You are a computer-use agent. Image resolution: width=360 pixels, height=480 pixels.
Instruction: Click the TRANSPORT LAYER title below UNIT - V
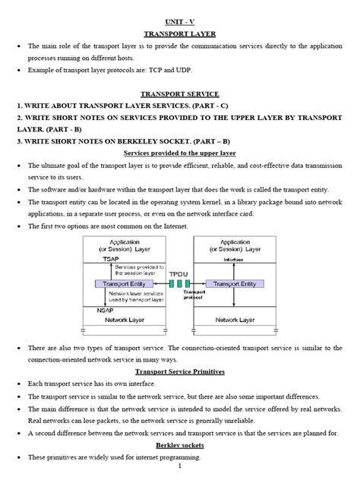click(180, 34)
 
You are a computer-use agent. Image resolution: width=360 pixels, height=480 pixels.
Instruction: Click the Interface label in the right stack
click(234, 258)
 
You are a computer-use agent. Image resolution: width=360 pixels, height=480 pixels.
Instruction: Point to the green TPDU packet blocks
click(178, 283)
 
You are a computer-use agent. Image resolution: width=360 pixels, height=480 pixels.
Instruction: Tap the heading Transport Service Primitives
click(180, 371)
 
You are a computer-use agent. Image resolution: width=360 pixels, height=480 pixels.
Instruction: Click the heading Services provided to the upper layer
click(180, 152)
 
